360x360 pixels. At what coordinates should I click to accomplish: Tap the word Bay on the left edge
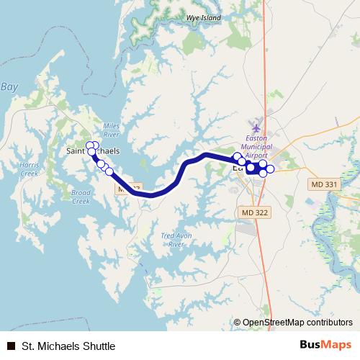(x=9, y=86)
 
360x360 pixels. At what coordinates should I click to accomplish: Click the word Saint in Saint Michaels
(x=76, y=151)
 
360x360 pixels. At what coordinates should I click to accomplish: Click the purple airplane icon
(x=256, y=128)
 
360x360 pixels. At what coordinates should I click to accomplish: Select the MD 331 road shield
(x=324, y=185)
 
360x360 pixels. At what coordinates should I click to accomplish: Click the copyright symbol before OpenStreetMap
(x=237, y=323)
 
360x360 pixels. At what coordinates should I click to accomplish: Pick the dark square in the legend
(x=10, y=346)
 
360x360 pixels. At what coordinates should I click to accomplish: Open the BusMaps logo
(x=325, y=345)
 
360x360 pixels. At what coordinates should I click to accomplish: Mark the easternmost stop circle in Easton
(x=271, y=168)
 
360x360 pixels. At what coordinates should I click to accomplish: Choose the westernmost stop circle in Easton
(x=237, y=157)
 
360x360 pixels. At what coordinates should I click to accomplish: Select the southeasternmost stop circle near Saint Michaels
(x=109, y=171)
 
